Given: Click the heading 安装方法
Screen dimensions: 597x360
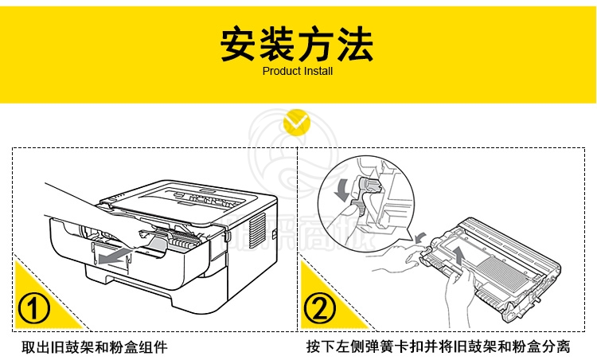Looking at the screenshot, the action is pyautogui.click(x=297, y=44).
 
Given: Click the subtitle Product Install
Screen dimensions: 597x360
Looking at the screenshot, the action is pyautogui.click(x=298, y=71).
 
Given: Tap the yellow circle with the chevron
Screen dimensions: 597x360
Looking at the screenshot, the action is pyautogui.click(x=297, y=123).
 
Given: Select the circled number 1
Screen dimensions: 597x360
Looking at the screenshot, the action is pyautogui.click(x=34, y=307).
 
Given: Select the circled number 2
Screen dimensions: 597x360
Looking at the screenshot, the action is pyautogui.click(x=320, y=307).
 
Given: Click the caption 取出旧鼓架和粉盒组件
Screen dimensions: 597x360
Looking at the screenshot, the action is pyautogui.click(x=95, y=347).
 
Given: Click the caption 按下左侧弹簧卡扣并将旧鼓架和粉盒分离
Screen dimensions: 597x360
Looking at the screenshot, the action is pyautogui.click(x=439, y=347).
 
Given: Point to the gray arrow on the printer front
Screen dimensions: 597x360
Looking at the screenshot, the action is pyautogui.click(x=113, y=256).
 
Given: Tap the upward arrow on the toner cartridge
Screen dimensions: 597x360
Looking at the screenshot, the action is pyautogui.click(x=459, y=255).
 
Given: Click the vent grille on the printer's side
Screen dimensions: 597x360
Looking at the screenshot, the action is pyautogui.click(x=257, y=231).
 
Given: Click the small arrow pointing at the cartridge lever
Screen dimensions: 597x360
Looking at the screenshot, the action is pyautogui.click(x=420, y=237).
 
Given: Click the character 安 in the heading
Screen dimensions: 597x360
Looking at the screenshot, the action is pyautogui.click(x=238, y=44).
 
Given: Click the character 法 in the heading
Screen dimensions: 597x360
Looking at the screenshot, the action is pyautogui.click(x=355, y=44).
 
